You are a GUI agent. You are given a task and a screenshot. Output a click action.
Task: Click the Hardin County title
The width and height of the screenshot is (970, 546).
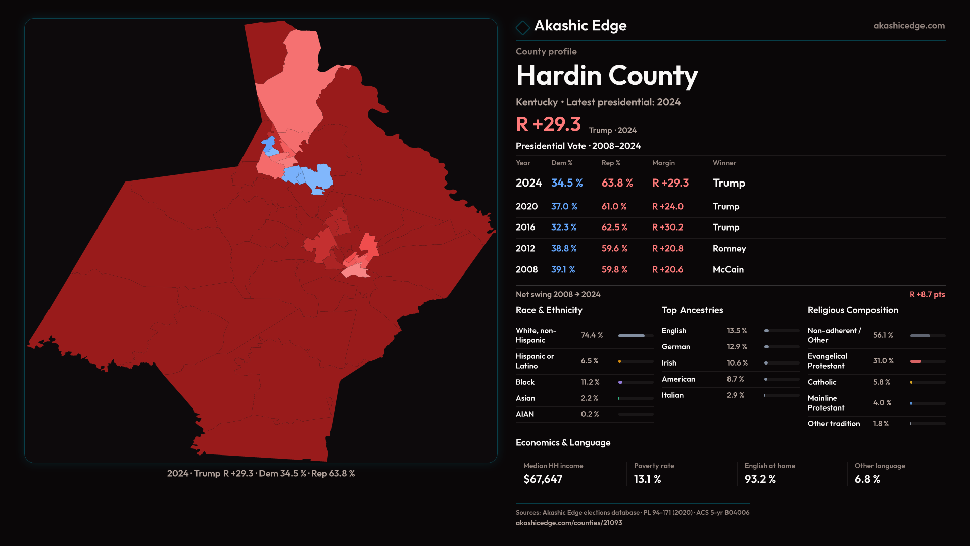tap(606, 76)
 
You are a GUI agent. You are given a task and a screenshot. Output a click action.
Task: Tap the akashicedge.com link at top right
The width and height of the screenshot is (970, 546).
tap(908, 26)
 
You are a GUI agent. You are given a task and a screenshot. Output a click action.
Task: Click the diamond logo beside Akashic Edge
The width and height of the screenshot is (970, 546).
tap(522, 27)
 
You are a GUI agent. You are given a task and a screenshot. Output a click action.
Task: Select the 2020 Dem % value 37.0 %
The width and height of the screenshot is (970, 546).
tap(564, 207)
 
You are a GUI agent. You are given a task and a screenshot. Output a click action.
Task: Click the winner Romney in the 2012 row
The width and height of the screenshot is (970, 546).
tap(729, 249)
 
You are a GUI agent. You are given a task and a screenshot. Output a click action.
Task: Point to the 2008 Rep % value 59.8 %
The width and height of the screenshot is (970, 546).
tap(614, 270)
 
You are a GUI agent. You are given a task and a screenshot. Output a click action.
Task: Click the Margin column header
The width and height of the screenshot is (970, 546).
tap(663, 163)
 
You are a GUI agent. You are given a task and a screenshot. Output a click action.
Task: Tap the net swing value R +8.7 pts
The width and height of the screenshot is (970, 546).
tap(927, 294)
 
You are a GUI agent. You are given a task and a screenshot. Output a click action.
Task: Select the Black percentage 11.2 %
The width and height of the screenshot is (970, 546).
tap(590, 382)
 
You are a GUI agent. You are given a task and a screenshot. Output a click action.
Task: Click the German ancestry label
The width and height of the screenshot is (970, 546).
tap(675, 347)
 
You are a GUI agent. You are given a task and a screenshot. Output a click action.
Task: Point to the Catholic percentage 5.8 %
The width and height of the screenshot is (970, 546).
tap(881, 382)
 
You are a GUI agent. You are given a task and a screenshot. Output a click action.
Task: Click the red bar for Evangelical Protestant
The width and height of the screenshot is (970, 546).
tap(916, 361)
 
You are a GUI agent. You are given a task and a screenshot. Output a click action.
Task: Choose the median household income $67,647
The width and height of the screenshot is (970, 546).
tap(543, 479)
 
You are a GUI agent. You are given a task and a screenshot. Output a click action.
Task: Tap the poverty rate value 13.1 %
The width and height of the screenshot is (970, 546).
tap(647, 479)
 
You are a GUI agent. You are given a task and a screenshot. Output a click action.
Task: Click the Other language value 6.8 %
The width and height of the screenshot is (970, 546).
tap(867, 479)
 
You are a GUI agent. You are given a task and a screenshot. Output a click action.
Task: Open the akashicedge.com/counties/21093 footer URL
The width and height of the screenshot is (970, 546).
tap(569, 523)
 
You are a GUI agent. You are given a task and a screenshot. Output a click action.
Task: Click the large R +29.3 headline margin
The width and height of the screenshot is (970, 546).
tap(548, 124)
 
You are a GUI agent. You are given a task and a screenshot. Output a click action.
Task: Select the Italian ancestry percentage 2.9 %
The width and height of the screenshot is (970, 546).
tap(735, 395)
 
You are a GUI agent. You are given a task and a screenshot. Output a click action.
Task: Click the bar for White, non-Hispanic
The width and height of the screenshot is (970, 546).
tap(632, 336)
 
